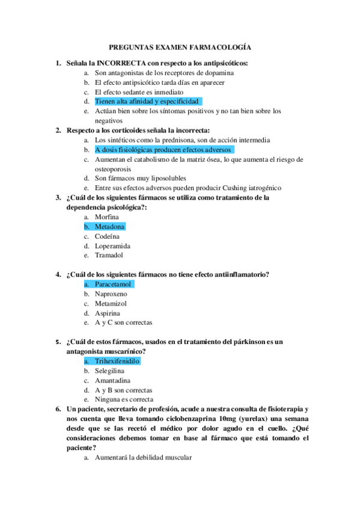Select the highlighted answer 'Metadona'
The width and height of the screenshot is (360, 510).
109,227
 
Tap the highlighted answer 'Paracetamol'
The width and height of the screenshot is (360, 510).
114,284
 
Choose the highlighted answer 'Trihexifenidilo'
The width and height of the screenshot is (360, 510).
117,361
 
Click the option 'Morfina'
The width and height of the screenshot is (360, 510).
107,217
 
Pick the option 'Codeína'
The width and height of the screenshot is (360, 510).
108,236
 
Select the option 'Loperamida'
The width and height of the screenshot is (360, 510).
112,246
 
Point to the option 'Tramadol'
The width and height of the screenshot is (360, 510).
109,256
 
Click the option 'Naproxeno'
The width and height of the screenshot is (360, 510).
111,294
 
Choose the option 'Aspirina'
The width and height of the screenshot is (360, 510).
108,313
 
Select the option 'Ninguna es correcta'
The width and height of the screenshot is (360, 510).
124,399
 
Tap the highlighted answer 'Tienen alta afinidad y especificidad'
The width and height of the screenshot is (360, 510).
147,102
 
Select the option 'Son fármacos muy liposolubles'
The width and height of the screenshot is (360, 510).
140,178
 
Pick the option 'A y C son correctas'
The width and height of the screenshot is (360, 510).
123,323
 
